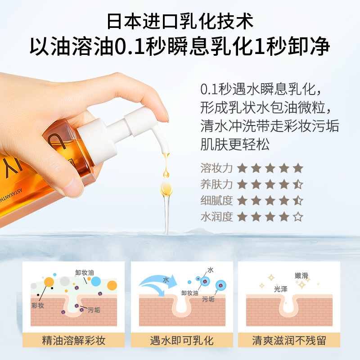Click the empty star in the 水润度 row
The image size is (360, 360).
pyautogui.click(x=298, y=216)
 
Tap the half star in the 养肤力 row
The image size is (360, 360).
pyautogui.click(x=298, y=184)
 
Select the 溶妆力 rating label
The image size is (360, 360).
pyautogui.click(x=216, y=168)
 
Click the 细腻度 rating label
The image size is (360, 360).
pyautogui.click(x=216, y=200)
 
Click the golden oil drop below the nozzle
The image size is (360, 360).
pyautogui.click(x=166, y=173)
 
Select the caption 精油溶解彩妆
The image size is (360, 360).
pyautogui.click(x=73, y=340)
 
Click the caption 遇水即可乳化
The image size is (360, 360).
pyautogui.click(x=182, y=340)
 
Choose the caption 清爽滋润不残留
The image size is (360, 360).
pyautogui.click(x=289, y=340)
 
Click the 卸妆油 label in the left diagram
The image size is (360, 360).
pyautogui.click(x=85, y=273)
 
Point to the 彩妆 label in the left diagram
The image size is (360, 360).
pyautogui.click(x=38, y=306)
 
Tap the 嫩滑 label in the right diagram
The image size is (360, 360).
pyautogui.click(x=301, y=275)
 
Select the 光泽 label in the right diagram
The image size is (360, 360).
pyautogui.click(x=280, y=289)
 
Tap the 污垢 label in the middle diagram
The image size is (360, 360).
pyautogui.click(x=208, y=299)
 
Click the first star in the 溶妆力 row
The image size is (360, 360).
pyautogui.click(x=242, y=168)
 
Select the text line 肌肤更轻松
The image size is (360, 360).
pyautogui.click(x=235, y=144)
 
